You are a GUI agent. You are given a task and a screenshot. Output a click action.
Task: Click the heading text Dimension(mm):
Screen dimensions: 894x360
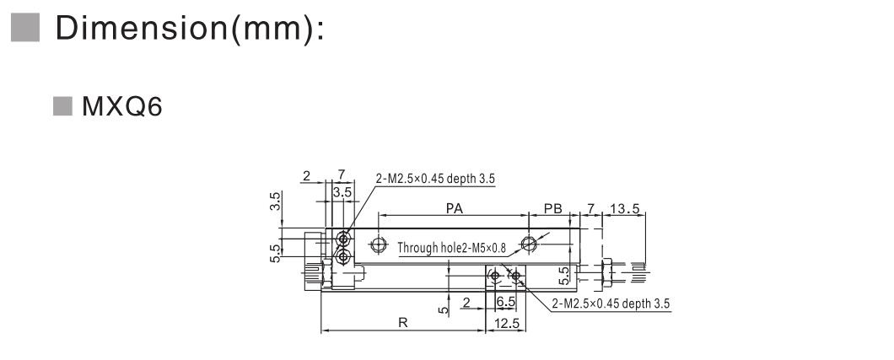click(190, 28)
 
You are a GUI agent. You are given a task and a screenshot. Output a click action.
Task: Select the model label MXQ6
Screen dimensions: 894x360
click(122, 106)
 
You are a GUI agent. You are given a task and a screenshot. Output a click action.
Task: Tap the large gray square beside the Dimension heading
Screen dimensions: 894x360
click(25, 27)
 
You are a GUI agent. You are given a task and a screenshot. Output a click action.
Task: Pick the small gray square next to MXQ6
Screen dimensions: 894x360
click(62, 106)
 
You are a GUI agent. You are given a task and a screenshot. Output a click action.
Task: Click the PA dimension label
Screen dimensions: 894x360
click(455, 208)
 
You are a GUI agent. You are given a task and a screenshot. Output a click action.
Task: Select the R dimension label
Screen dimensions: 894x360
click(402, 323)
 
